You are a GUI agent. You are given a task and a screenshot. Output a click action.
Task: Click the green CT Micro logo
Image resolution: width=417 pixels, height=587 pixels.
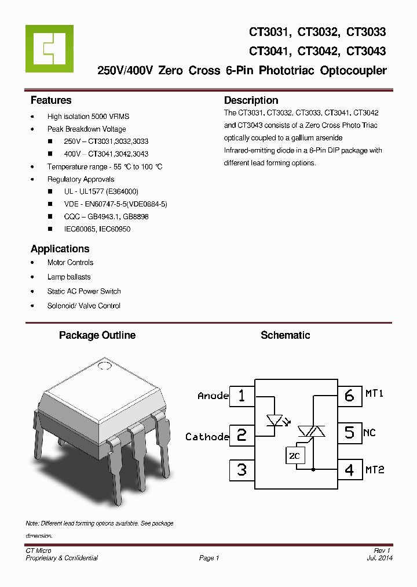click(x=49, y=48)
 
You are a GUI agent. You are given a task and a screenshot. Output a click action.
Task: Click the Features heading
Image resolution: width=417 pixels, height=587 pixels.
click(x=51, y=100)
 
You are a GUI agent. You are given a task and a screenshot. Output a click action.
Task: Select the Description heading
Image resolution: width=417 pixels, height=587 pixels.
click(x=251, y=100)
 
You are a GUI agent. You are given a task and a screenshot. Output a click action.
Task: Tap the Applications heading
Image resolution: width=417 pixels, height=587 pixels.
click(x=60, y=249)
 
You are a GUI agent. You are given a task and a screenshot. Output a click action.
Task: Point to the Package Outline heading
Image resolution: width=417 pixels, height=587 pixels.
click(x=97, y=335)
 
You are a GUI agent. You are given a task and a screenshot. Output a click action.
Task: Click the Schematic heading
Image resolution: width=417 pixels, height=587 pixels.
click(x=285, y=335)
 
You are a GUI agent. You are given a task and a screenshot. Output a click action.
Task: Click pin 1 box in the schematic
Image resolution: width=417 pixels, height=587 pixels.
click(x=242, y=396)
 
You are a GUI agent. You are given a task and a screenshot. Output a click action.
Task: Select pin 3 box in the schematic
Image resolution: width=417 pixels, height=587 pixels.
click(x=242, y=469)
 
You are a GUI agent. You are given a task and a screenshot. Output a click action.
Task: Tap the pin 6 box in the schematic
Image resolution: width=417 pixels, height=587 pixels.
click(x=349, y=396)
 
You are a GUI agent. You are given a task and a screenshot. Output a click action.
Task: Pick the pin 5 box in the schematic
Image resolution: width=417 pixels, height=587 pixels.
click(x=349, y=432)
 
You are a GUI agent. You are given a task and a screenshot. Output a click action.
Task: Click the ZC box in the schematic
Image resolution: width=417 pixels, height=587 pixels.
click(x=294, y=456)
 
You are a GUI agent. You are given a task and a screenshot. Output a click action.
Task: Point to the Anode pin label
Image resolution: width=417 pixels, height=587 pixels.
click(x=213, y=396)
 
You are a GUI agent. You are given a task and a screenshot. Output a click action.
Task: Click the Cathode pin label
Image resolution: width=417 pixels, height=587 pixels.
click(x=207, y=437)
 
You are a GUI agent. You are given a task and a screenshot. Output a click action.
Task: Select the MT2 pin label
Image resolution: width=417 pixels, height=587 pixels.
click(x=375, y=469)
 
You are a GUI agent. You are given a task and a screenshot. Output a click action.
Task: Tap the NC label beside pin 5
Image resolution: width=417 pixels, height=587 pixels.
click(x=370, y=433)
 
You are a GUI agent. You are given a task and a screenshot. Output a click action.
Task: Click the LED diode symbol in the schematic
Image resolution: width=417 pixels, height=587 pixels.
click(x=273, y=419)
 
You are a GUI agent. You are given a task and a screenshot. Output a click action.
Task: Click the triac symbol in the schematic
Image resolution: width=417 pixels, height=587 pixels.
click(x=312, y=431)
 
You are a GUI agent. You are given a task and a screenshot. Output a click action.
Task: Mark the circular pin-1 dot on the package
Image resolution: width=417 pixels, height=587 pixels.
click(x=105, y=365)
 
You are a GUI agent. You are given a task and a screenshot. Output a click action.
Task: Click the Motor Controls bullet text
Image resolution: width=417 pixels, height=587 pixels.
click(x=70, y=263)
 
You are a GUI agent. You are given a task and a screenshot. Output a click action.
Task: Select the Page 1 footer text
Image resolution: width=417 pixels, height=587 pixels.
click(x=209, y=558)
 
